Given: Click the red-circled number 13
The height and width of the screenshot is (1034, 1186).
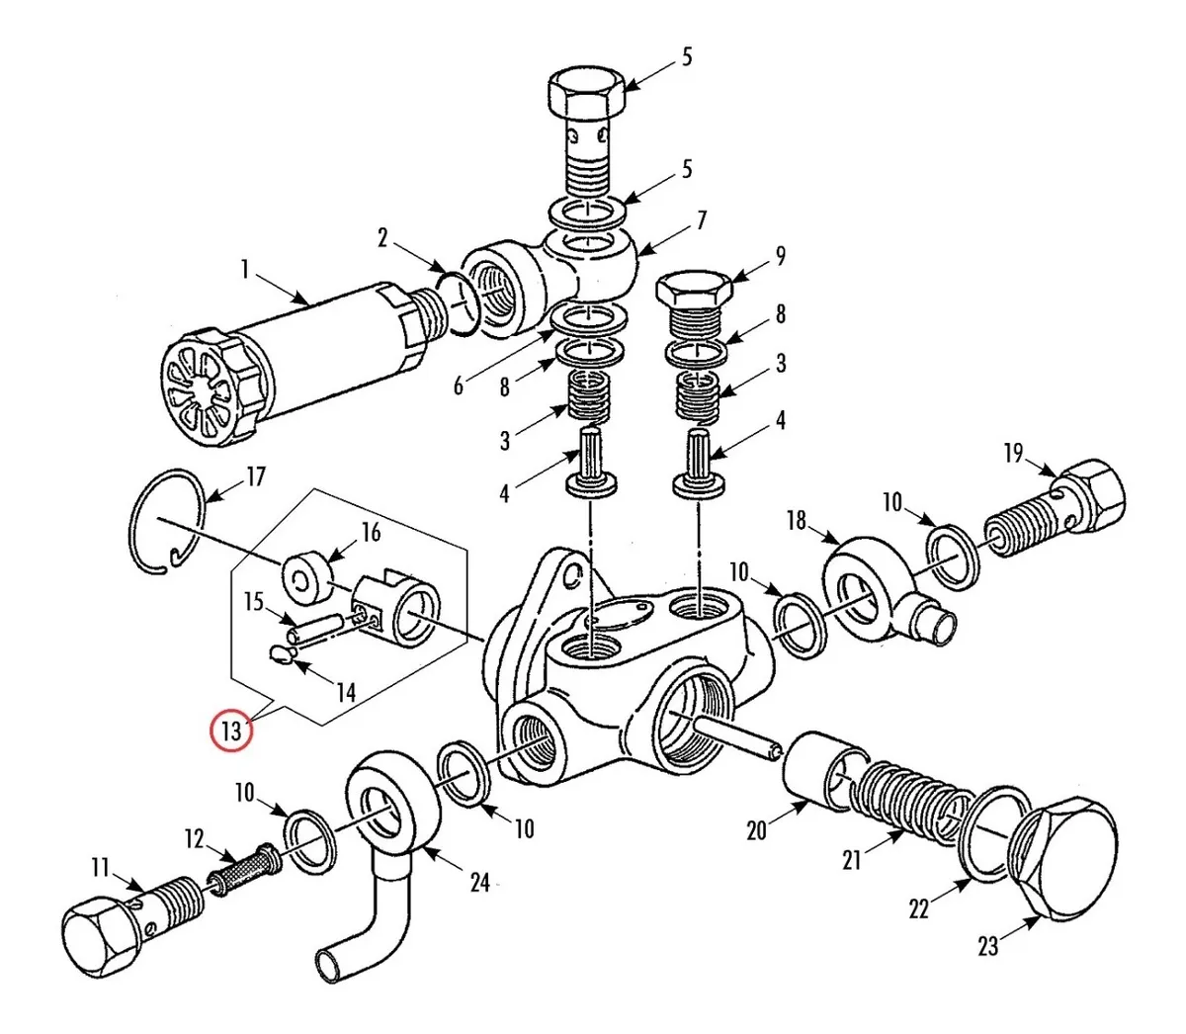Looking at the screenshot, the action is click(231, 730).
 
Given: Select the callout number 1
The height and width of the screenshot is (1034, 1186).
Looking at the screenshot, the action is click(245, 270).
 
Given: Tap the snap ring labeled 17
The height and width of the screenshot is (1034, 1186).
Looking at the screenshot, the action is click(167, 521).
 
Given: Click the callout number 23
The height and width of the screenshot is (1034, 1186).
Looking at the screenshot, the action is click(988, 946).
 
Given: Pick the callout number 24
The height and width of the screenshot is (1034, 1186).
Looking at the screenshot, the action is click(480, 884).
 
